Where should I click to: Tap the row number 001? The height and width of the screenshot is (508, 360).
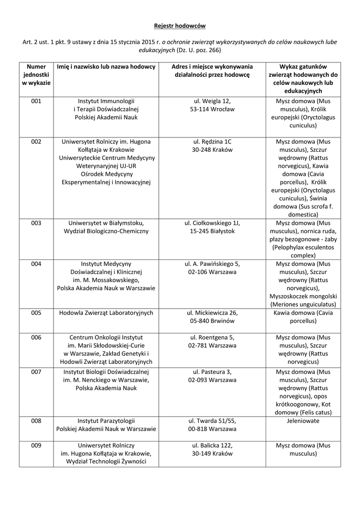[36, 101]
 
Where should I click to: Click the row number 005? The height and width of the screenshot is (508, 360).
[36, 313]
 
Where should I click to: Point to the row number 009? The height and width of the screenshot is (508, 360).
[36, 445]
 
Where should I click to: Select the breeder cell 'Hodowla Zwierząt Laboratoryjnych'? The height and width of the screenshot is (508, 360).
[106, 313]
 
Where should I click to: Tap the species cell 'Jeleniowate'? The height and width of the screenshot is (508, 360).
[302, 421]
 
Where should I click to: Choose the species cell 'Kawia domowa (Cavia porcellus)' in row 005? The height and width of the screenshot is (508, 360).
[302, 317]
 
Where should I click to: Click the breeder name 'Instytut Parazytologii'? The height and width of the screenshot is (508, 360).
[106, 421]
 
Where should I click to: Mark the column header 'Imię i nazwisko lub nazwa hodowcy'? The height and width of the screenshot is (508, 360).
[106, 66]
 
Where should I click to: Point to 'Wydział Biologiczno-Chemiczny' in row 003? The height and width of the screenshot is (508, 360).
[106, 231]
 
